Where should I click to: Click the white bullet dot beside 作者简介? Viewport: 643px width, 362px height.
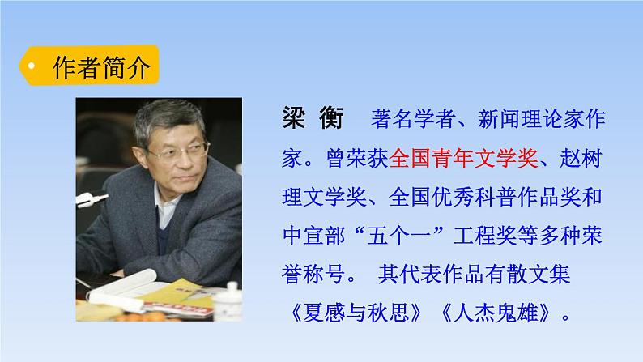(x=31, y=66)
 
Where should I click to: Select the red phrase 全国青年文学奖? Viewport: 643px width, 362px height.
(x=463, y=160)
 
